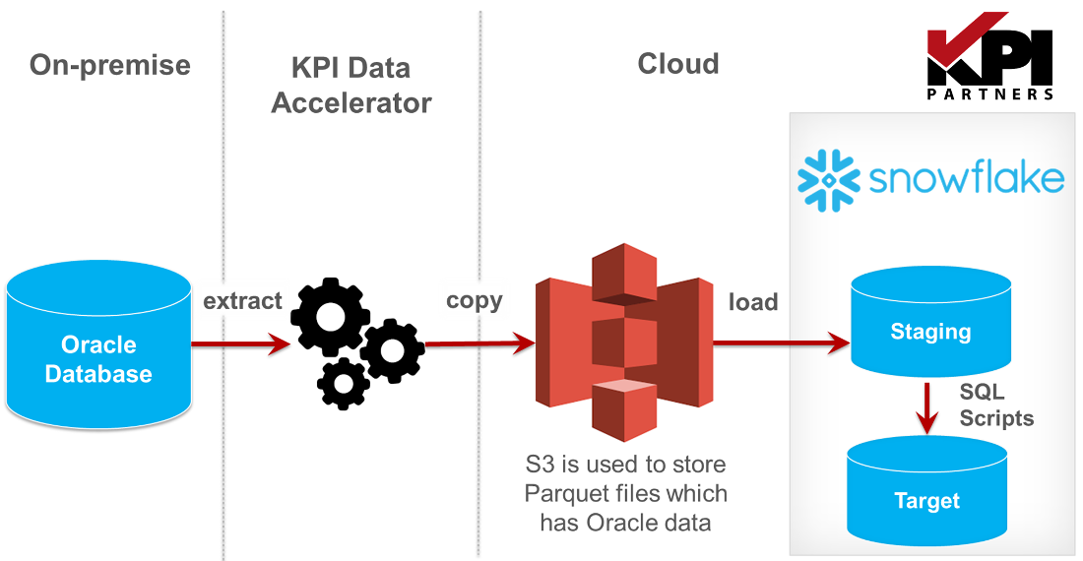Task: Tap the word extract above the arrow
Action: click(242, 301)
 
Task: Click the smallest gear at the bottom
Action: click(344, 383)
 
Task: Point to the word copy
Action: click(474, 300)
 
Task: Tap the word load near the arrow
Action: click(753, 302)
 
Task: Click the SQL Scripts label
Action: click(996, 405)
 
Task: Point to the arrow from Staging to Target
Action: click(925, 407)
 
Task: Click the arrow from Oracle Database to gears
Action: click(240, 343)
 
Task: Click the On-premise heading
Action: click(109, 65)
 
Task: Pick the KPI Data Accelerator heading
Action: click(351, 86)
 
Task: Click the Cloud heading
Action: click(678, 64)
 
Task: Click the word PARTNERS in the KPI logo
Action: click(990, 94)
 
